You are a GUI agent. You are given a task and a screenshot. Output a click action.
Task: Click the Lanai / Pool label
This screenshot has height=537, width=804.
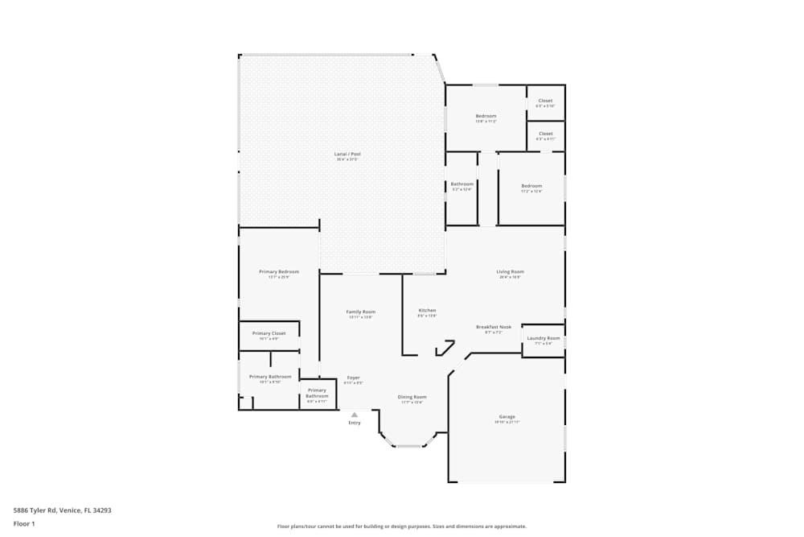pyautogui.click(x=347, y=154)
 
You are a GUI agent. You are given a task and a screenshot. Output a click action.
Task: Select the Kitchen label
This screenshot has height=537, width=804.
pyautogui.click(x=427, y=311)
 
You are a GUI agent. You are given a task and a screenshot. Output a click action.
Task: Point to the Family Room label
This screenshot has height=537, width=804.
pyautogui.click(x=361, y=312)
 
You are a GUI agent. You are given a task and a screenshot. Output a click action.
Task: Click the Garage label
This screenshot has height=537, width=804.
pyautogui.click(x=507, y=416)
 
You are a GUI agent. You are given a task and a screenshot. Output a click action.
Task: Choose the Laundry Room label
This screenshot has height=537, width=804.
pyautogui.click(x=544, y=338)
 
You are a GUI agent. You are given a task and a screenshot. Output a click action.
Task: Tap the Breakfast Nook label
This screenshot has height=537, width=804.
pyautogui.click(x=494, y=327)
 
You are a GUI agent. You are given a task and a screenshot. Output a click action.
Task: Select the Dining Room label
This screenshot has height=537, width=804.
pyautogui.click(x=412, y=397)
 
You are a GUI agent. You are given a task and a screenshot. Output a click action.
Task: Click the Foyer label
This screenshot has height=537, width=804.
pyautogui.click(x=353, y=378)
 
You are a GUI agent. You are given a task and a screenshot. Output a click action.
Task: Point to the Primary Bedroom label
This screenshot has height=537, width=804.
pyautogui.click(x=279, y=272)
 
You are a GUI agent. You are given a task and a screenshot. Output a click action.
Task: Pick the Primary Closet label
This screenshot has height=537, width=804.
pyautogui.click(x=269, y=333)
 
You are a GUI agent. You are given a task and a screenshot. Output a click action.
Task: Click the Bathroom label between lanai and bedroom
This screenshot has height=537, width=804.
pyautogui.click(x=462, y=184)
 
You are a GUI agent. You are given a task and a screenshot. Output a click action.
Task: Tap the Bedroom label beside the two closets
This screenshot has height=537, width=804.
pyautogui.click(x=486, y=116)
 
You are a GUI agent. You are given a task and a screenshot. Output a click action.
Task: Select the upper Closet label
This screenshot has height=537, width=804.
pyautogui.click(x=545, y=101)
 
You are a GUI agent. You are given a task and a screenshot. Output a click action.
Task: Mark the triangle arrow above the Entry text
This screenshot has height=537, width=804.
pyautogui.click(x=355, y=415)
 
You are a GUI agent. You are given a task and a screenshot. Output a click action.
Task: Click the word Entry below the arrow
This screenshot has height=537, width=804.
pyautogui.click(x=355, y=423)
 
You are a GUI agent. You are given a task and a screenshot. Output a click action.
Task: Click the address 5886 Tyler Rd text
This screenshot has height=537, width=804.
pyautogui.click(x=62, y=510)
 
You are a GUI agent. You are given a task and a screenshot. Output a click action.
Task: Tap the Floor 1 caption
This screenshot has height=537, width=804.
pyautogui.click(x=24, y=523)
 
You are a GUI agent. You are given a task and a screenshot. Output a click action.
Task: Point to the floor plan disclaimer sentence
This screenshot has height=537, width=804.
pyautogui.click(x=402, y=527)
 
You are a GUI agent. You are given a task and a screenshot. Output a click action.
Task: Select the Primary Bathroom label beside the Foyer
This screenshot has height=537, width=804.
pyautogui.click(x=317, y=394)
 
